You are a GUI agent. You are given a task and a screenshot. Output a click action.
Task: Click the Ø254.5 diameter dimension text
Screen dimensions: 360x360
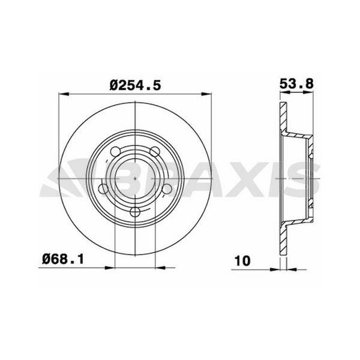(136, 85)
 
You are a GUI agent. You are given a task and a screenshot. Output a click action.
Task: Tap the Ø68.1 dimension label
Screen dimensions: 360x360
(62, 260)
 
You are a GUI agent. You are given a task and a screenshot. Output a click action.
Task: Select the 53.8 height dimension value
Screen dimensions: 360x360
(297, 84)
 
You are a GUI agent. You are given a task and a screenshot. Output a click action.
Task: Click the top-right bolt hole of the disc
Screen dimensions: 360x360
(154, 151)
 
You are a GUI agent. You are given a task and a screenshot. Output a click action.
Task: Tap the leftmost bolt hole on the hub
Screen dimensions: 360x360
(103, 190)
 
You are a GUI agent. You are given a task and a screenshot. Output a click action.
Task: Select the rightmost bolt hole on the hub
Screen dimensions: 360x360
(167, 189)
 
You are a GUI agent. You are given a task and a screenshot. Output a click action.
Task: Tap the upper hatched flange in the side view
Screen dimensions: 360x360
(284, 116)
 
